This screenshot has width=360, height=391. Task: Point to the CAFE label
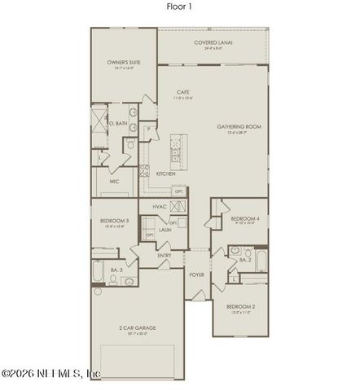[x=183, y=93]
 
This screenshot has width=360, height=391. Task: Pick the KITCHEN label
[x=166, y=174]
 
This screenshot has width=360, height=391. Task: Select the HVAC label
[x=160, y=207]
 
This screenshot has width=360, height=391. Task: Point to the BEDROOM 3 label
[x=114, y=222]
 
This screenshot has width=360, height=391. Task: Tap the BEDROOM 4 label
[x=245, y=218]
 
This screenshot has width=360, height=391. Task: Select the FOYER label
[x=196, y=275]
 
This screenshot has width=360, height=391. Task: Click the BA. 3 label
[x=116, y=269]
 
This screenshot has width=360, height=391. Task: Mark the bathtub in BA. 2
[x=261, y=261]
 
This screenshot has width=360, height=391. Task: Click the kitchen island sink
[x=177, y=152]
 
